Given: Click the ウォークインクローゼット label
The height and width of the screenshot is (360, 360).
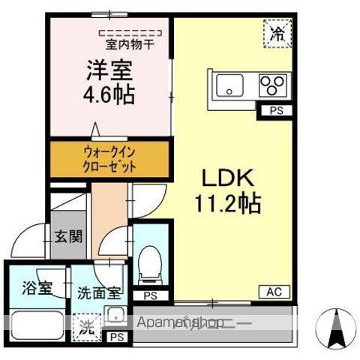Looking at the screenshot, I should click(109, 159).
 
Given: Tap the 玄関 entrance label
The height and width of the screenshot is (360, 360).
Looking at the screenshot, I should click(67, 238).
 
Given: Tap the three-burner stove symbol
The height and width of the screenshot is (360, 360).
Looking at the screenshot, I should click(271, 85).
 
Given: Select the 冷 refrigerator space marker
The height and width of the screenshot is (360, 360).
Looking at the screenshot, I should click(277, 32).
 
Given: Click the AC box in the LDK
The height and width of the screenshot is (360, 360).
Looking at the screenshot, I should click(274, 292).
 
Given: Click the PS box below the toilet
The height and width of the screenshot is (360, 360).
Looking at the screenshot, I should click(149, 295).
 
